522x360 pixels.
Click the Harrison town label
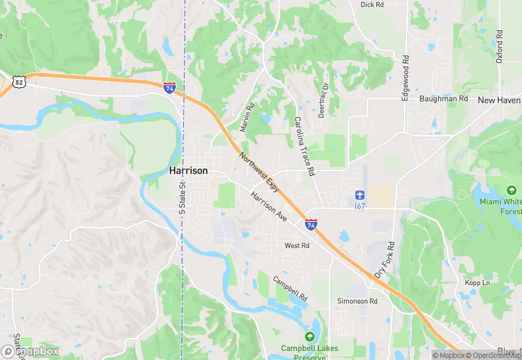pos(188,170)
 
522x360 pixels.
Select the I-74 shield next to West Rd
pos(311,224)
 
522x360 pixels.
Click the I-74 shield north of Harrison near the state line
pos(169,87)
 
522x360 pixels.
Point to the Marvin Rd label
pos(247,117)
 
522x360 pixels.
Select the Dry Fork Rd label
pos(385,260)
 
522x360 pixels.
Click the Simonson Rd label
pos(357,301)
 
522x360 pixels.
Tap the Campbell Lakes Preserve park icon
pos(309,337)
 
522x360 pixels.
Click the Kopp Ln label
pos(477,282)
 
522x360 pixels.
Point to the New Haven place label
pos(499,100)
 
